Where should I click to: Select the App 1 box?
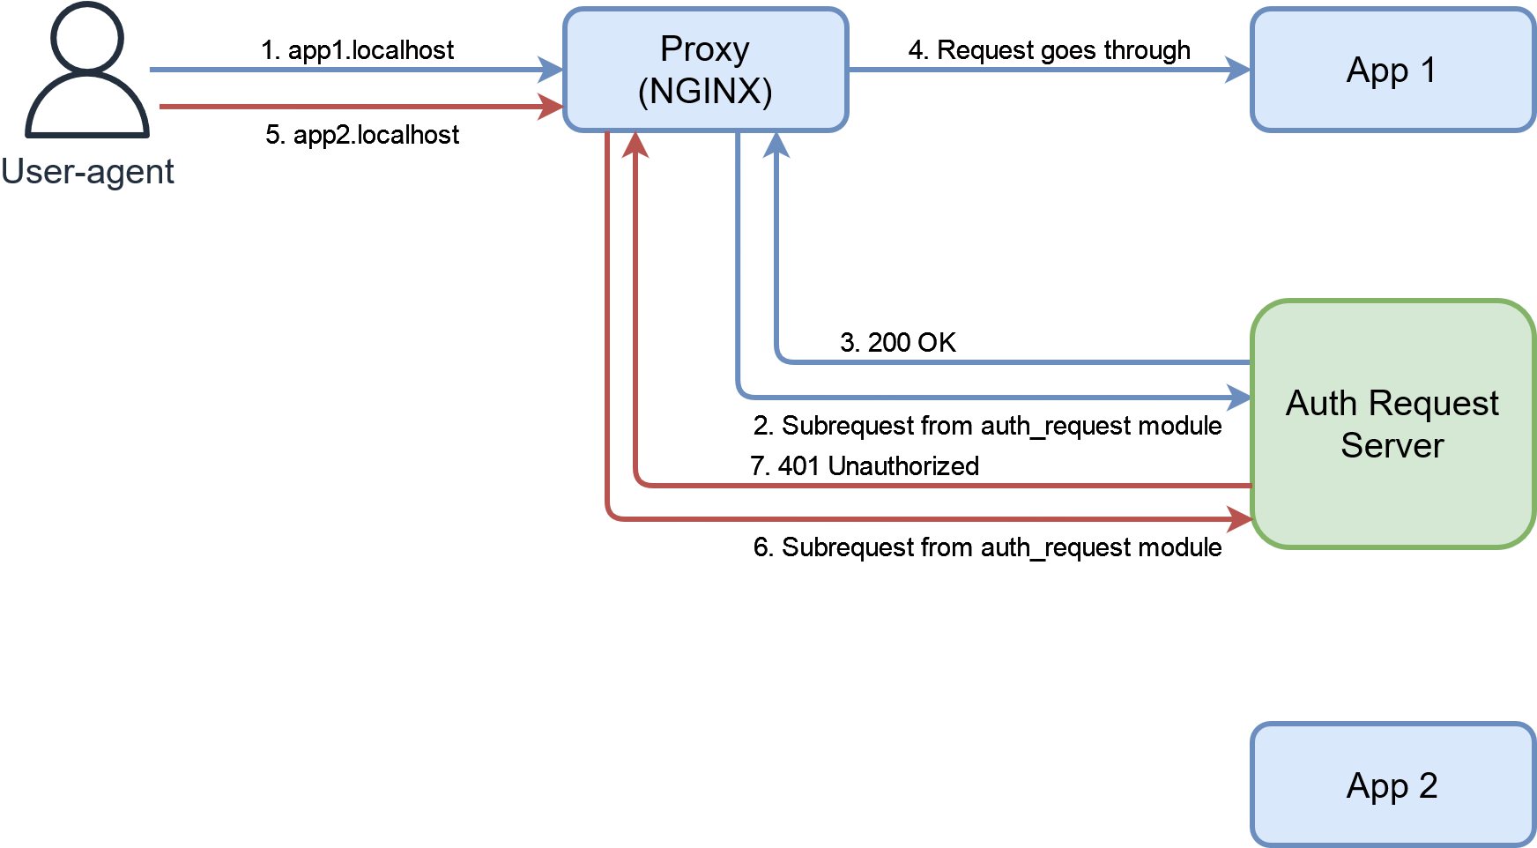coord(1392,70)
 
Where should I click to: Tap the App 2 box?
coord(1392,785)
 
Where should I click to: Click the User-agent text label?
coord(87,172)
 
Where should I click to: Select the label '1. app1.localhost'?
coord(357,50)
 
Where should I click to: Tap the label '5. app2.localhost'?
coord(362,135)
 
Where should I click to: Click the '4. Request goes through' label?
coord(1049,50)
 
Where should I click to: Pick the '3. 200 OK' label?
coord(897,342)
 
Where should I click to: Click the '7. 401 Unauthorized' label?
coord(864,465)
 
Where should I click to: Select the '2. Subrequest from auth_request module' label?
coord(987,426)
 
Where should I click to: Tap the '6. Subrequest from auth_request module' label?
coord(987,547)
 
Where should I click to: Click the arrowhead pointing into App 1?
coord(1238,70)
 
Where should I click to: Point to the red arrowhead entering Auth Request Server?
coord(1240,519)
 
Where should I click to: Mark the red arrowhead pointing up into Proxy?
coord(635,145)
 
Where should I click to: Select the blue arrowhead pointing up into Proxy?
coord(776,145)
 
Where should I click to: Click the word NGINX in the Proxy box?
coord(705,92)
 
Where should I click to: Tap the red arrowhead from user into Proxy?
coord(552,107)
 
